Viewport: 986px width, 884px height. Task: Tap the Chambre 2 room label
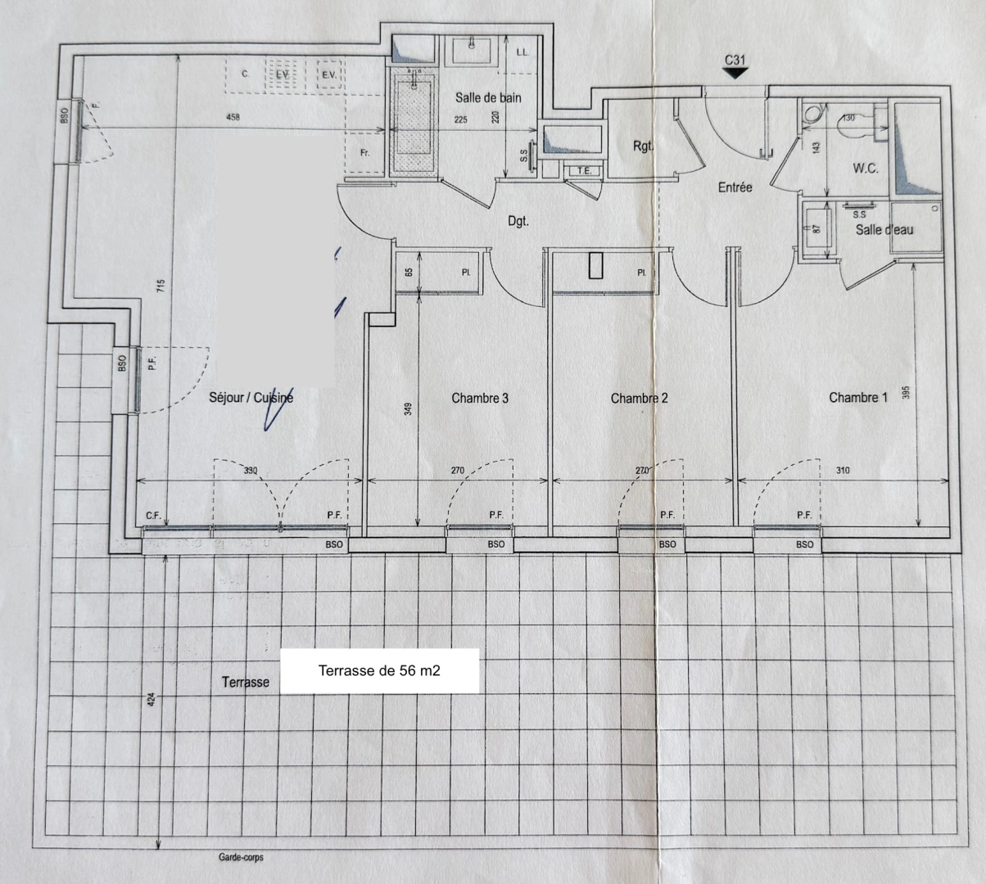(x=639, y=398)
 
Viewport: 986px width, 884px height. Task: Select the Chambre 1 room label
(x=857, y=397)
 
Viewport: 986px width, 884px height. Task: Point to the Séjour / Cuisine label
(x=251, y=398)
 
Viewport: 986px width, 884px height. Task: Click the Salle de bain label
(x=488, y=97)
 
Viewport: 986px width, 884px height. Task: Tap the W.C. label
(x=866, y=169)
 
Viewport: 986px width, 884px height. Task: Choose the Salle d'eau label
(x=884, y=230)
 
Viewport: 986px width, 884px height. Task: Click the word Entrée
(x=735, y=187)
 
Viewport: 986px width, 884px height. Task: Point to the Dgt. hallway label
(x=518, y=221)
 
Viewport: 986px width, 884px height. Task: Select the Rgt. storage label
(x=643, y=147)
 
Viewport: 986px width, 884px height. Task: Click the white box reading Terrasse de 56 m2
(x=379, y=671)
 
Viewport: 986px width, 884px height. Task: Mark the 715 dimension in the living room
(x=161, y=286)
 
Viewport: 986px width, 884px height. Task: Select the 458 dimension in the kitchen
(x=233, y=118)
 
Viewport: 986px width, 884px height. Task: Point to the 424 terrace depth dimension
(x=151, y=701)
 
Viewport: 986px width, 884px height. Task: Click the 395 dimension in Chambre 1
(x=906, y=393)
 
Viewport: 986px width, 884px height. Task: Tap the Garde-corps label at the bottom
(x=241, y=858)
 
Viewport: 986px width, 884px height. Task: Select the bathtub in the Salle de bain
(x=414, y=123)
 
